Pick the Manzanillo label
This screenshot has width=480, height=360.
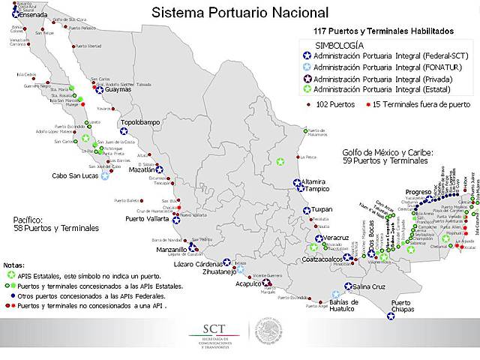point(172,249)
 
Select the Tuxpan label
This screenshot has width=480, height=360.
point(322,209)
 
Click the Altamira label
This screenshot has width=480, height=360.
point(313,181)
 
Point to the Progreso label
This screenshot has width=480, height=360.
point(418,192)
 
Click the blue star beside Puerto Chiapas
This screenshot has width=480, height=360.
point(391,316)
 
